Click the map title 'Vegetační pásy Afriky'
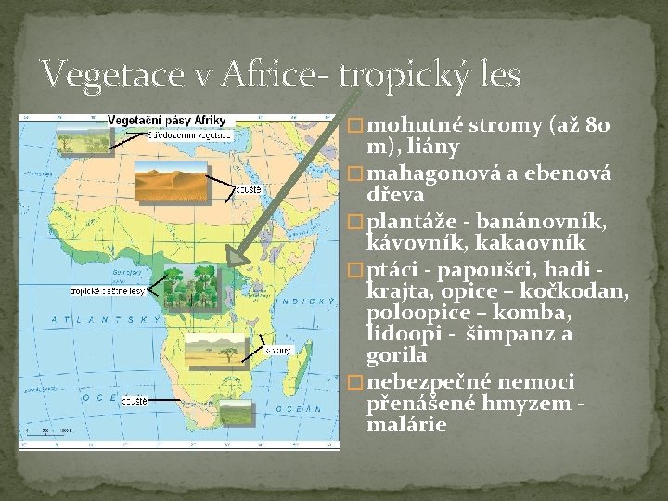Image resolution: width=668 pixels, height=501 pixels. [x=167, y=121]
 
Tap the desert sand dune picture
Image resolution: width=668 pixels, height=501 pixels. [x=171, y=180]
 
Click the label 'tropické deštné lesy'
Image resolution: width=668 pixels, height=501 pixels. [x=108, y=291]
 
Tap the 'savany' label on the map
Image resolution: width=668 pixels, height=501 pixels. [x=278, y=352]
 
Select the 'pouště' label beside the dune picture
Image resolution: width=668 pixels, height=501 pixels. [x=250, y=189]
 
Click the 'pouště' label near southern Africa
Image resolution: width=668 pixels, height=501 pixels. [x=133, y=400]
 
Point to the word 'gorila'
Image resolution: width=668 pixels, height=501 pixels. [x=397, y=355]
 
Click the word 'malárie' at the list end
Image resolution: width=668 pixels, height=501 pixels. [x=407, y=425]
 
